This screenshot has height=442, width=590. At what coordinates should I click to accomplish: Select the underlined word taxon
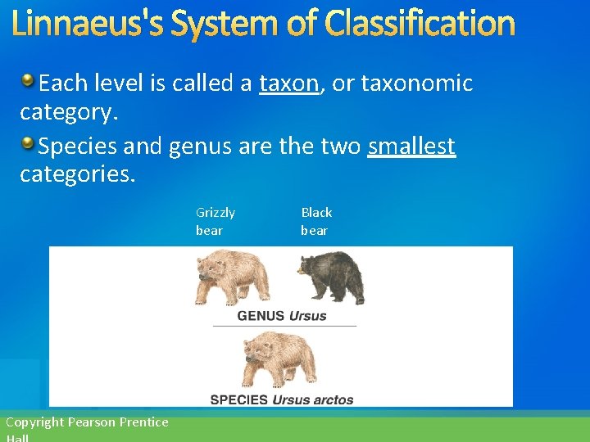pos(289,83)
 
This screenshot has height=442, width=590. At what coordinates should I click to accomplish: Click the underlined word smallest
pos(411,147)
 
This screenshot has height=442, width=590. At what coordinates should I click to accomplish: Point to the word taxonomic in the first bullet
pos(417,83)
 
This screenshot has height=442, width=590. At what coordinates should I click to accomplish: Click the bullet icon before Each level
pos(28,80)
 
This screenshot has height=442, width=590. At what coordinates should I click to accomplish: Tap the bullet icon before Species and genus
pos(28,144)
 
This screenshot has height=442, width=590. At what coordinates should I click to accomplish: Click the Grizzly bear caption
pos(215,221)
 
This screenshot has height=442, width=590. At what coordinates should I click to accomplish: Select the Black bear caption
pos(316,221)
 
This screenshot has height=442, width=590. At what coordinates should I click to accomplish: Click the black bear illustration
pos(330,277)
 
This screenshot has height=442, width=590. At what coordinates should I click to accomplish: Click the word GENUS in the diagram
pos(261,316)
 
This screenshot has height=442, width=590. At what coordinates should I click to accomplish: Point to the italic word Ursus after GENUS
pos(307,316)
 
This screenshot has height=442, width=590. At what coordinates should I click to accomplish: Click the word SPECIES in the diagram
pos(239,400)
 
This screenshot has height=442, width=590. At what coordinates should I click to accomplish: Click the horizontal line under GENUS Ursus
pos(284,327)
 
